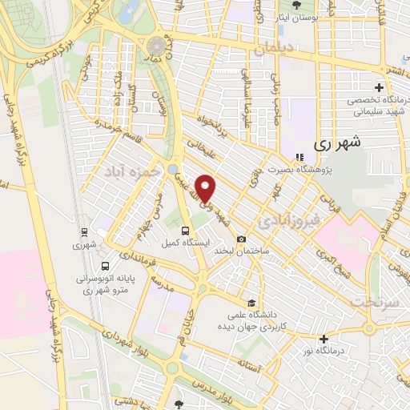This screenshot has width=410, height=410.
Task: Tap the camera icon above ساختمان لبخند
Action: click(x=241, y=239)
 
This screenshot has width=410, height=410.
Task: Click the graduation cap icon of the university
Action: click(x=252, y=303)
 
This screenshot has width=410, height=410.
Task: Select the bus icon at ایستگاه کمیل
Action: click(x=185, y=231)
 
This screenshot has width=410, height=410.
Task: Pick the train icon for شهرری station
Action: click(x=82, y=233)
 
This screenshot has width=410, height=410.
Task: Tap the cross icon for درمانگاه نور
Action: click(x=324, y=339)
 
